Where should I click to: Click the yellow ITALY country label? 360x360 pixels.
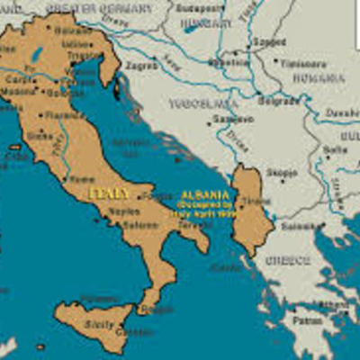pos(110,193)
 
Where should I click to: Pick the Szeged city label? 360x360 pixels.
pos(266,41)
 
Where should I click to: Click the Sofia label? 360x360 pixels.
pos(335,149)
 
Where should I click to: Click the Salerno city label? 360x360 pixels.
pos(140,224)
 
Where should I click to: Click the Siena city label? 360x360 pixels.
pos(40,136)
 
